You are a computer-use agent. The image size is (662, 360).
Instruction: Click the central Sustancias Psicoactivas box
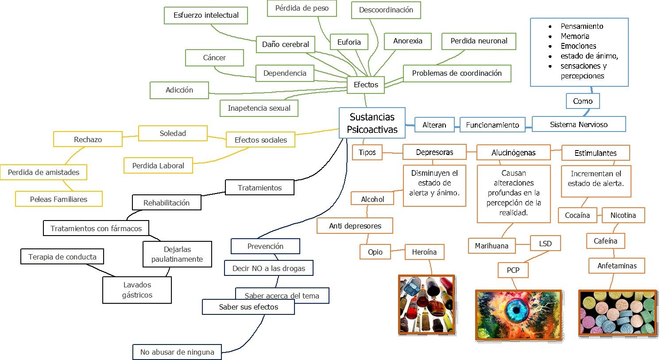pyautogui.click(x=372, y=123)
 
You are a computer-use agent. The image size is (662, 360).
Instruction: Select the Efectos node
pyautogui.click(x=366, y=85)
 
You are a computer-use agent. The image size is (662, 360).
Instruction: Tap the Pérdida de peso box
pyautogui.click(x=302, y=8)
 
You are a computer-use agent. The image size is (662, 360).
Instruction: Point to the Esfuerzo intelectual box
pyautogui.click(x=206, y=15)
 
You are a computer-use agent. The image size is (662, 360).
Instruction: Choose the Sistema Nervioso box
pyautogui.click(x=578, y=124)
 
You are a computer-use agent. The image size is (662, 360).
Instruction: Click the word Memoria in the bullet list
pyautogui.click(x=575, y=36)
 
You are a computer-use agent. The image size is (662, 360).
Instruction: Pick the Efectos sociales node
pyautogui.click(x=260, y=140)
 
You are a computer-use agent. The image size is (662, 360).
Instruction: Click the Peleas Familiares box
pyautogui.click(x=58, y=199)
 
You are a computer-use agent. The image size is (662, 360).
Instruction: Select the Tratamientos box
pyautogui.click(x=259, y=188)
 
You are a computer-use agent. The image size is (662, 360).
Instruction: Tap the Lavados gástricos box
pyautogui.click(x=137, y=290)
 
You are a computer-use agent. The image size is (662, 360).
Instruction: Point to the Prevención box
pyautogui.click(x=265, y=246)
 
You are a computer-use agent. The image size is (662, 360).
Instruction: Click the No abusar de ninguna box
pyautogui.click(x=177, y=352)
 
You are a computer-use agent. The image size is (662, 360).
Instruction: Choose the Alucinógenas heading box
pyautogui.click(x=513, y=153)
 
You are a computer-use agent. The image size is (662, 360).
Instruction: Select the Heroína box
pyautogui.click(x=424, y=252)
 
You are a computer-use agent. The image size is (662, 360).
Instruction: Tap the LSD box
pyautogui.click(x=545, y=244)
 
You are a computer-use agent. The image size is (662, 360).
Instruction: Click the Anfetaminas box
pyautogui.click(x=617, y=266)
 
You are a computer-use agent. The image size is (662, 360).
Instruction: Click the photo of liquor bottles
pyautogui.click(x=427, y=304)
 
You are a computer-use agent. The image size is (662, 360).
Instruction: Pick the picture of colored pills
pyautogui.click(x=617, y=313)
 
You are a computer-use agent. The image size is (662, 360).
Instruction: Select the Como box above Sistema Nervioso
pyautogui.click(x=582, y=101)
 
